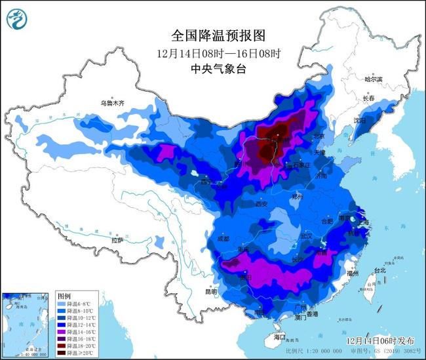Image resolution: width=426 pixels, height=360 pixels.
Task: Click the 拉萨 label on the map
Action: pos(117,241)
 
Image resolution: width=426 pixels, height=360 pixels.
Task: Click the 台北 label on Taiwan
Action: pos(380,270)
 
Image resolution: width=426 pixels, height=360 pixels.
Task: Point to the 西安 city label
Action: pos(261,204)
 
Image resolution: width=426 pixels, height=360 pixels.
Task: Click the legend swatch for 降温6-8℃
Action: pos(64,305)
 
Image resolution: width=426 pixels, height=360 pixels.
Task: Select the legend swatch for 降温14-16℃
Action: pos(64,331)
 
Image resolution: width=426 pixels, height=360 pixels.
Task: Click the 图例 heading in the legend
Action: pos(63,296)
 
